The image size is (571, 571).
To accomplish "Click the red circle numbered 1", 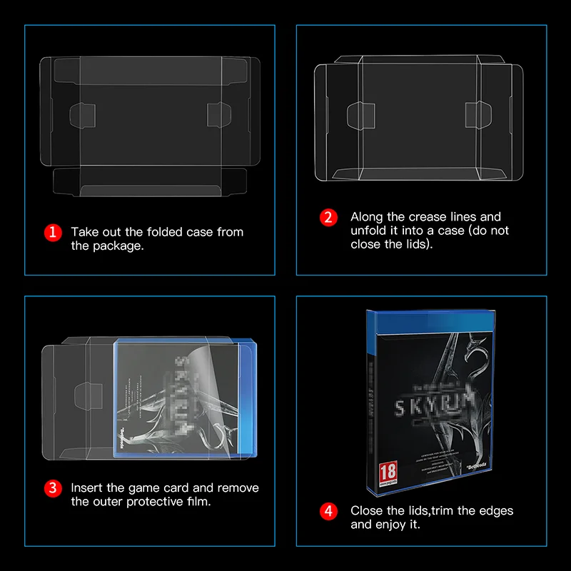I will coord(52,232).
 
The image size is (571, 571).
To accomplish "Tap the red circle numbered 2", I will coord(328,217).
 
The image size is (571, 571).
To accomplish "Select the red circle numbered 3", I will coord(52,489).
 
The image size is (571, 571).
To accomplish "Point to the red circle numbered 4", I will coord(328,511).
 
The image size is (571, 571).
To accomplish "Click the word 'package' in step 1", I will coord(116,246).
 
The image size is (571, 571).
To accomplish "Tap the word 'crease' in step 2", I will coord(428,217).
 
